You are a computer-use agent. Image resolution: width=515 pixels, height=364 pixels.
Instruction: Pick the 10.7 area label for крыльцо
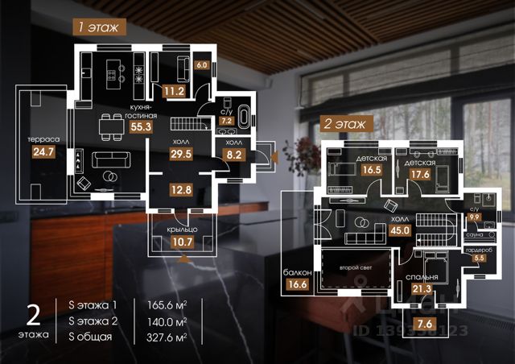181,240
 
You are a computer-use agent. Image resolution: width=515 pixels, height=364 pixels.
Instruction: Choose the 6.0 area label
202,64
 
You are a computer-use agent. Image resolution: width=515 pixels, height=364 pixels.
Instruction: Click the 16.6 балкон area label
297,282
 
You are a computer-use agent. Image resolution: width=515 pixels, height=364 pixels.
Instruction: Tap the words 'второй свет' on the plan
354,267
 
